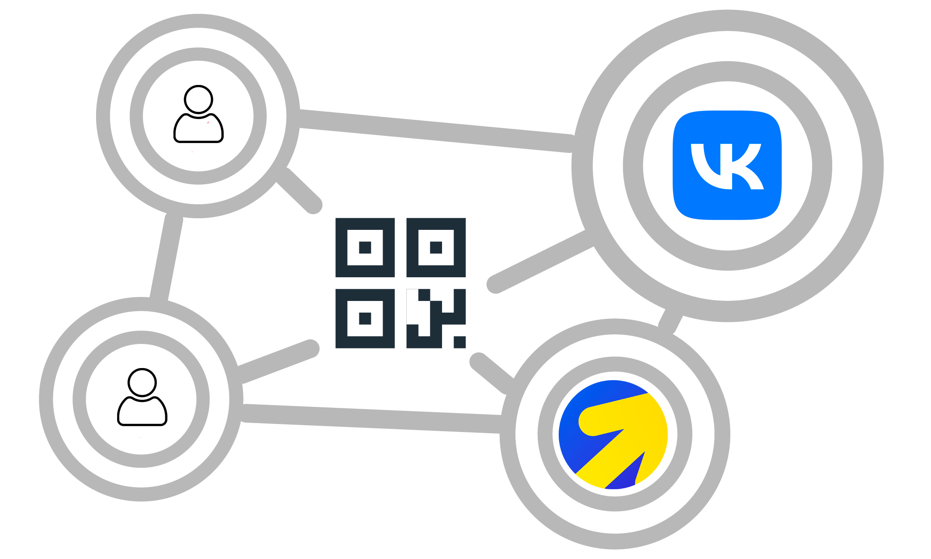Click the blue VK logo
pyautogui.click(x=727, y=165)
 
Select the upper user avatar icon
pyautogui.click(x=198, y=115)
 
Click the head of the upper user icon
pyautogui.click(x=198, y=99)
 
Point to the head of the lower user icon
pyautogui.click(x=142, y=382)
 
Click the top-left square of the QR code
pyautogui.click(x=365, y=247)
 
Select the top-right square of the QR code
pyautogui.click(x=436, y=247)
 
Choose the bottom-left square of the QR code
pyautogui.click(x=365, y=318)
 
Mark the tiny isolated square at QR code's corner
pyautogui.click(x=460, y=343)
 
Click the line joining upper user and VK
pyautogui.click(x=436, y=131)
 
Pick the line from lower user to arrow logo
pyautogui.click(x=371, y=418)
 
